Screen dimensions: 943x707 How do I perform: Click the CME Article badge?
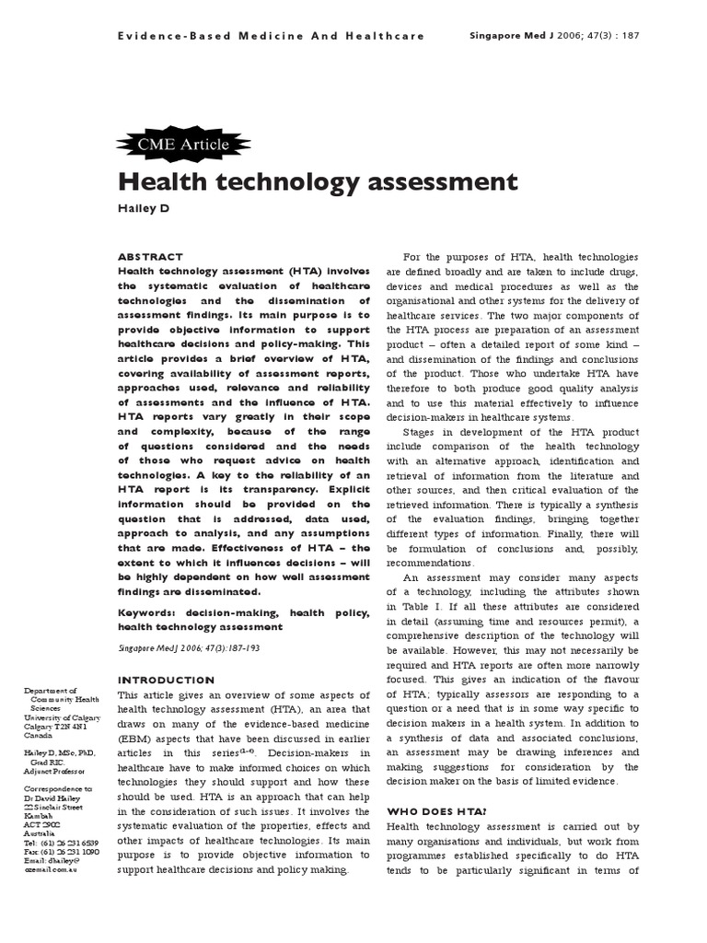click(170, 143)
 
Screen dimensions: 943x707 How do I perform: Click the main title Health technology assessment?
click(318, 180)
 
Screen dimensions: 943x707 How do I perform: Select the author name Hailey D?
click(144, 208)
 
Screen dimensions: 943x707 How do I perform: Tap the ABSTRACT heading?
click(150, 257)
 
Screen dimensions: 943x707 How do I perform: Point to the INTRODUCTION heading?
click(166, 681)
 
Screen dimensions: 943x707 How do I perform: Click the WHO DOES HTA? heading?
click(434, 811)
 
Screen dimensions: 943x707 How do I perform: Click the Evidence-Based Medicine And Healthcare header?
click(271, 36)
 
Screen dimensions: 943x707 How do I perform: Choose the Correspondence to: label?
click(58, 789)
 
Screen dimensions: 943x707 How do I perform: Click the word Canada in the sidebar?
click(39, 736)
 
